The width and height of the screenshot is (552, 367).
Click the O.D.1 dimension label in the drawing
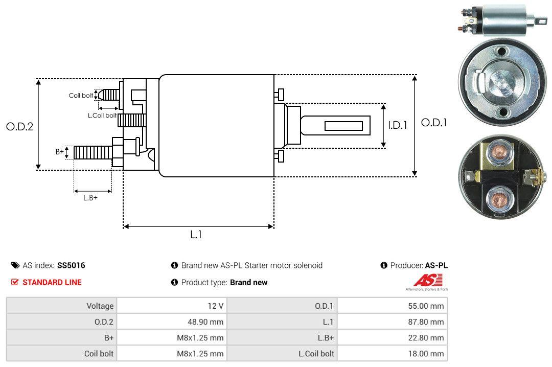434,123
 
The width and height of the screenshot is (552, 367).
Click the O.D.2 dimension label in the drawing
19,126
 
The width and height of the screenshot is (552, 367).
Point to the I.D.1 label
397,125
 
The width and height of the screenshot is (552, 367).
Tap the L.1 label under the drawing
196,235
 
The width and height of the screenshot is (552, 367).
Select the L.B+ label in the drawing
90,197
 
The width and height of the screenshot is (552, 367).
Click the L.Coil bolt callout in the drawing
102,116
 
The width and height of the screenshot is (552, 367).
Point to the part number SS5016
71,265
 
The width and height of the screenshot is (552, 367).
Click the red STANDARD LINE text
52,282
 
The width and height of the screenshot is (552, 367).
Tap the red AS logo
424,280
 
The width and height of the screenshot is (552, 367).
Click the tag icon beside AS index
15,265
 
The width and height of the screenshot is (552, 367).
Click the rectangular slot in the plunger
344,126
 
